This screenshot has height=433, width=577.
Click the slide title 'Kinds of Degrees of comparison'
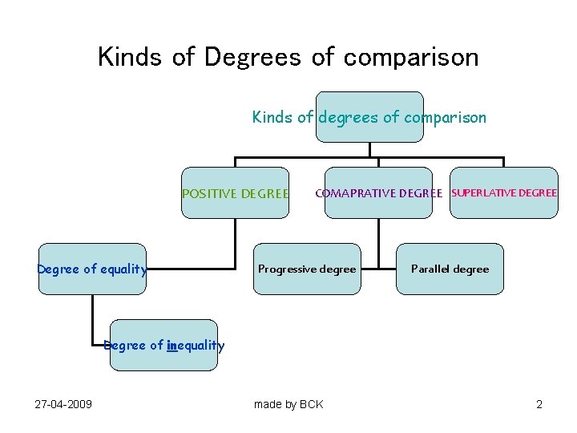pos(288,57)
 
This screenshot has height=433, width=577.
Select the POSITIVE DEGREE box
pos(235,193)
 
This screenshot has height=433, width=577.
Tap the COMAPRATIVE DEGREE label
pos(378,193)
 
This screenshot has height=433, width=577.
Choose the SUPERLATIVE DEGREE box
pos(504,193)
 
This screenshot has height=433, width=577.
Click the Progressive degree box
pos(307,269)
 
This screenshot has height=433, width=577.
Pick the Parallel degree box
pos(450,269)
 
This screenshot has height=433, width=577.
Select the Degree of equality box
pos(92,269)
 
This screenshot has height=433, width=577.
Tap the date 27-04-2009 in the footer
pos(63,404)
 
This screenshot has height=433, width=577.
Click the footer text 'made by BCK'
pos(288,404)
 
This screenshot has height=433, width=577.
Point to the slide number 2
pos(539,404)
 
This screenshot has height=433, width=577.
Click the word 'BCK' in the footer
pos(311,404)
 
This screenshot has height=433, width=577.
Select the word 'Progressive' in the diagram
pos(285,269)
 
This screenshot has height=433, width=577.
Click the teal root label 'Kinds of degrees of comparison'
pos(369,118)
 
